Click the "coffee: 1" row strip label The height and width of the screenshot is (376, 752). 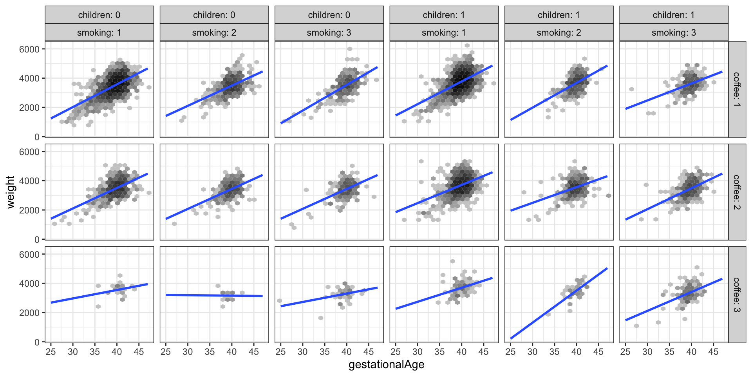tap(737, 89)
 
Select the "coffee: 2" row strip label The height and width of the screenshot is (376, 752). tap(737, 192)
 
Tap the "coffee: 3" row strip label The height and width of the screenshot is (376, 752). tap(737, 295)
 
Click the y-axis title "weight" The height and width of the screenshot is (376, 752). tap(11, 192)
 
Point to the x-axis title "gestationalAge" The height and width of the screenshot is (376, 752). tap(386, 365)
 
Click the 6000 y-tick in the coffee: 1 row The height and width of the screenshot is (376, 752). tap(29, 49)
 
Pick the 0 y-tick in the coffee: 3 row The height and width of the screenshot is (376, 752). tap(37, 342)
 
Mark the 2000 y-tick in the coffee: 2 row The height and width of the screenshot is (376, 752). tap(29, 210)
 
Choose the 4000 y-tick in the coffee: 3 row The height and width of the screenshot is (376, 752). tap(29, 284)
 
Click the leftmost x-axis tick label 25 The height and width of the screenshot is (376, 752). tap(51, 352)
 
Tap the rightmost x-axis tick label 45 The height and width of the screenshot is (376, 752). tap(713, 352)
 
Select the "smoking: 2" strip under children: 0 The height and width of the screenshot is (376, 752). tap(214, 33)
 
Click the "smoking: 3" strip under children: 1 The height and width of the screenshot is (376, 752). tap(674, 33)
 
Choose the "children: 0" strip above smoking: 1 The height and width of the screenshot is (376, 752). tap(99, 15)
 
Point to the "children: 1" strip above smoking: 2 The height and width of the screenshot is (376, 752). tap(559, 15)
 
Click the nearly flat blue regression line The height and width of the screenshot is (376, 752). tap(214, 295)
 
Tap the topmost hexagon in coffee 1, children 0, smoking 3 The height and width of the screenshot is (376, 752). tap(350, 49)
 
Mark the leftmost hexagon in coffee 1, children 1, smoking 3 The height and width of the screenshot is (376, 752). tap(631, 89)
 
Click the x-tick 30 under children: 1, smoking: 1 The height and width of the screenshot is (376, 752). tap(418, 352)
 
